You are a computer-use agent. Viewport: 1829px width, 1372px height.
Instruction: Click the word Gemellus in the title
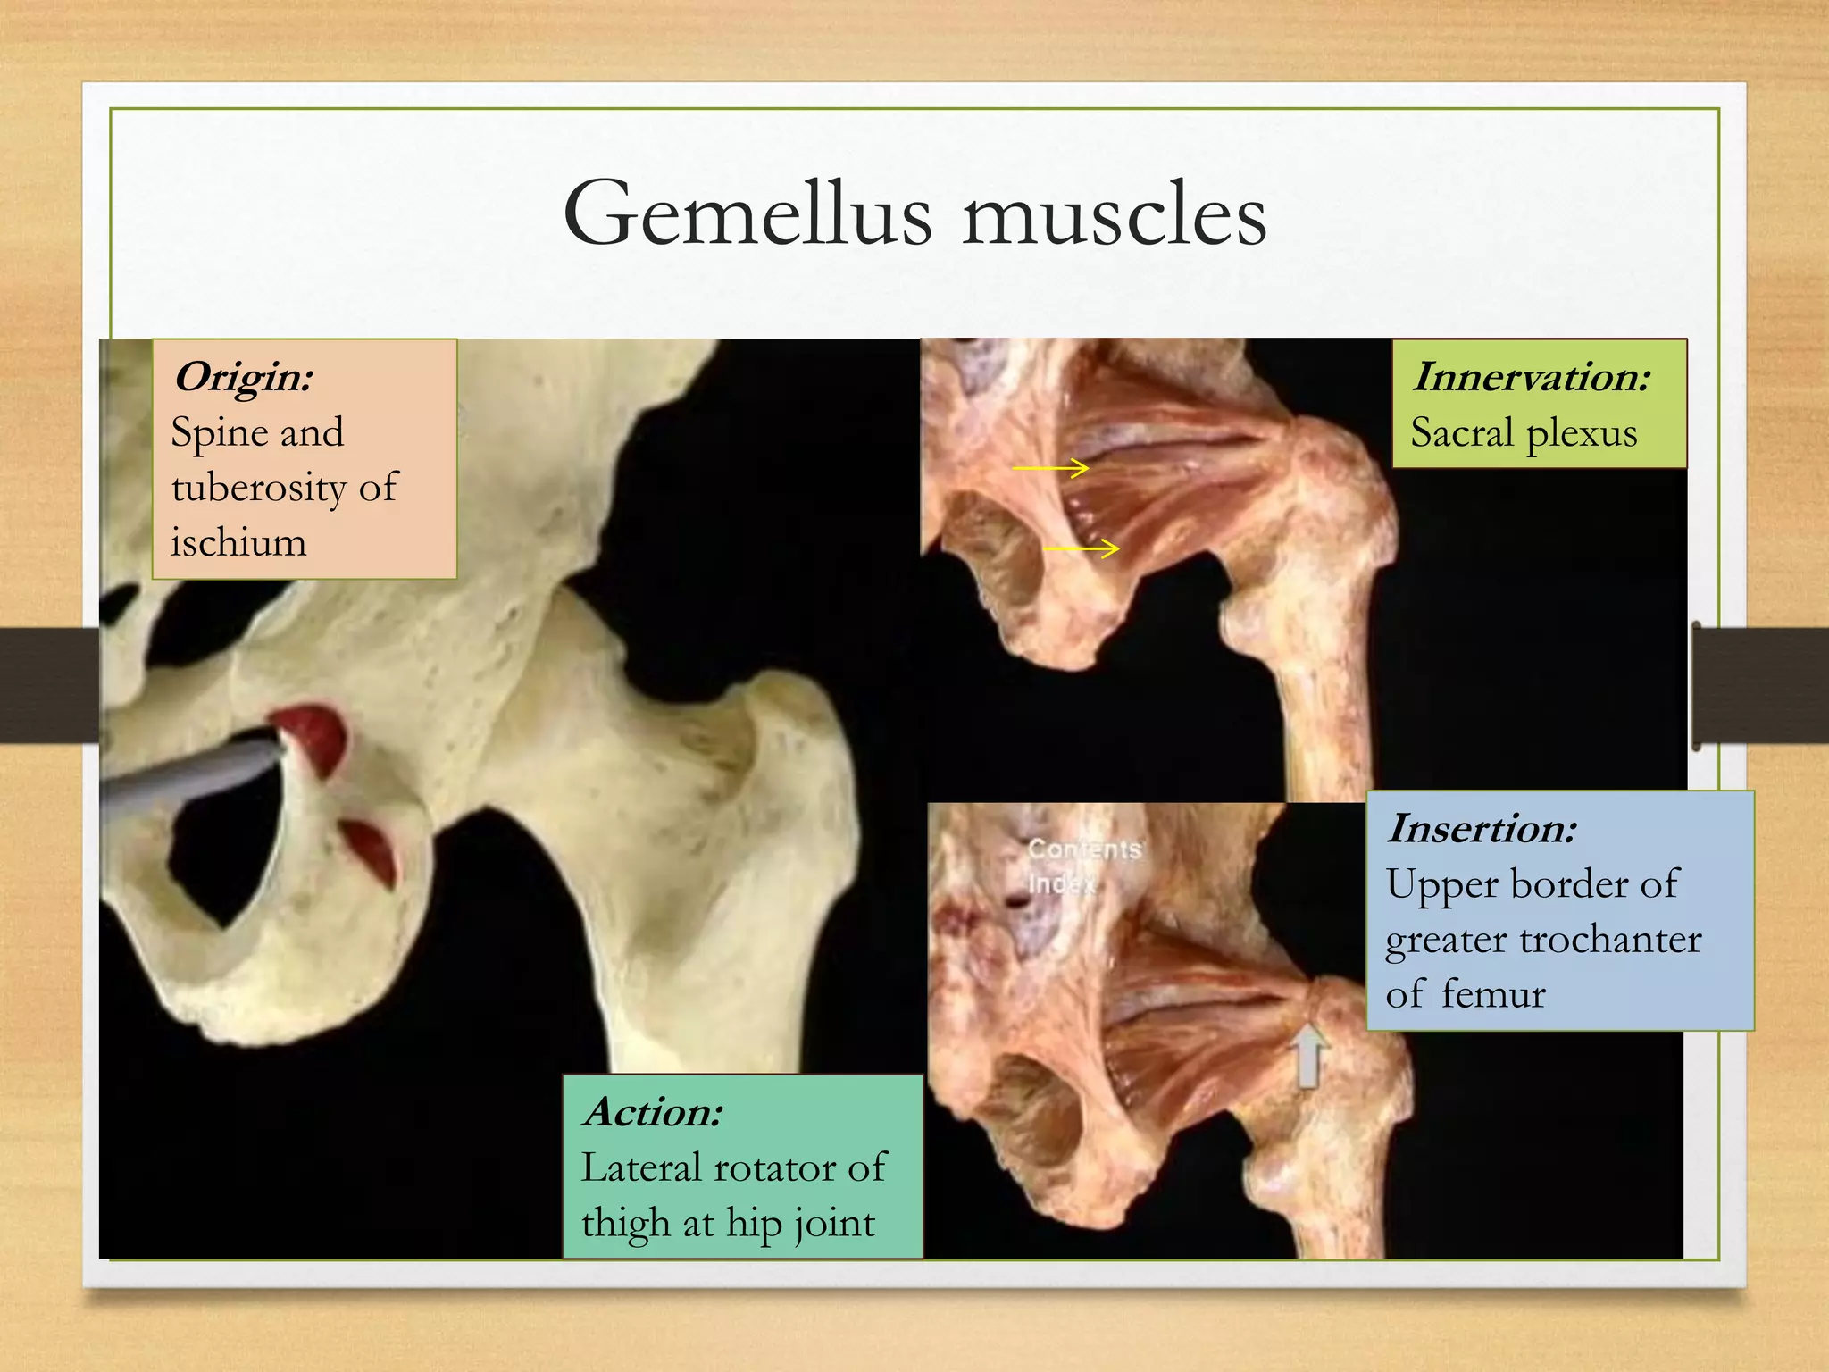pyautogui.click(x=747, y=214)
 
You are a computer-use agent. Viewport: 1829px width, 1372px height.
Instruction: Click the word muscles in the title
pyautogui.click(x=1114, y=216)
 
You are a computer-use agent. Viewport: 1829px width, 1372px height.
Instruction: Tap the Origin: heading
pyautogui.click(x=243, y=376)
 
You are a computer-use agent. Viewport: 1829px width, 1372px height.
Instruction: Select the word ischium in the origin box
pyautogui.click(x=238, y=542)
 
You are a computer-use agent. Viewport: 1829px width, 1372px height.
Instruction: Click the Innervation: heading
pyautogui.click(x=1532, y=376)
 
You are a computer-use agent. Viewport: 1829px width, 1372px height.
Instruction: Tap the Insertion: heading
pyautogui.click(x=1482, y=828)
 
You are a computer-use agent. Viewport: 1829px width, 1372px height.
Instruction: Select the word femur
pyautogui.click(x=1492, y=994)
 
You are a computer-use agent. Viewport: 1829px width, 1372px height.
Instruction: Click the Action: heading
pyautogui.click(x=653, y=1112)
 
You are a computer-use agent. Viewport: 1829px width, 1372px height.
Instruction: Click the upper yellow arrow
pyautogui.click(x=1050, y=467)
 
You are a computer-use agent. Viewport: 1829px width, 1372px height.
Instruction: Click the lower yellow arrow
pyautogui.click(x=1082, y=548)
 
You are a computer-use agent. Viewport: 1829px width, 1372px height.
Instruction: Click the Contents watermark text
pyautogui.click(x=1084, y=849)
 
